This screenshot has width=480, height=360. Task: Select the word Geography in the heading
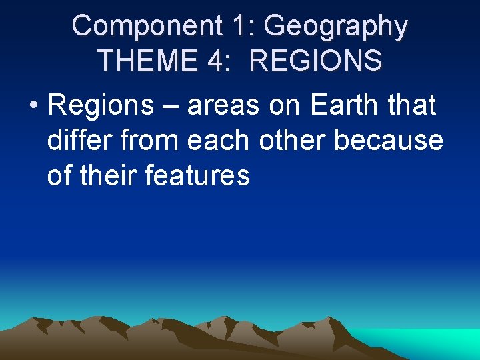[335, 27]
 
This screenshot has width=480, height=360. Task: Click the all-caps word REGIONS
[315, 60]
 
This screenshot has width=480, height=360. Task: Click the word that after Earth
[413, 106]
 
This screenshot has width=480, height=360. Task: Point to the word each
[218, 141]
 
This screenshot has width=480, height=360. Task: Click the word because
[389, 141]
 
